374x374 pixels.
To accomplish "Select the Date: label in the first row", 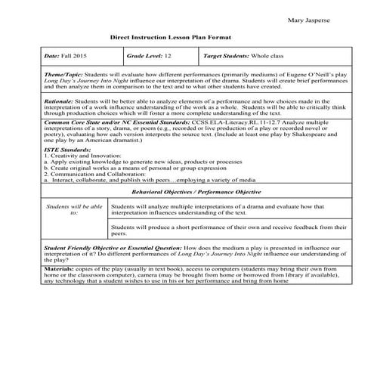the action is click(51, 57).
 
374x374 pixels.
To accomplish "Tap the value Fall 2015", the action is click(74, 57).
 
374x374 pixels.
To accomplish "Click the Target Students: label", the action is click(229, 57).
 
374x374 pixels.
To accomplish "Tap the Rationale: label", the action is click(61, 100).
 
